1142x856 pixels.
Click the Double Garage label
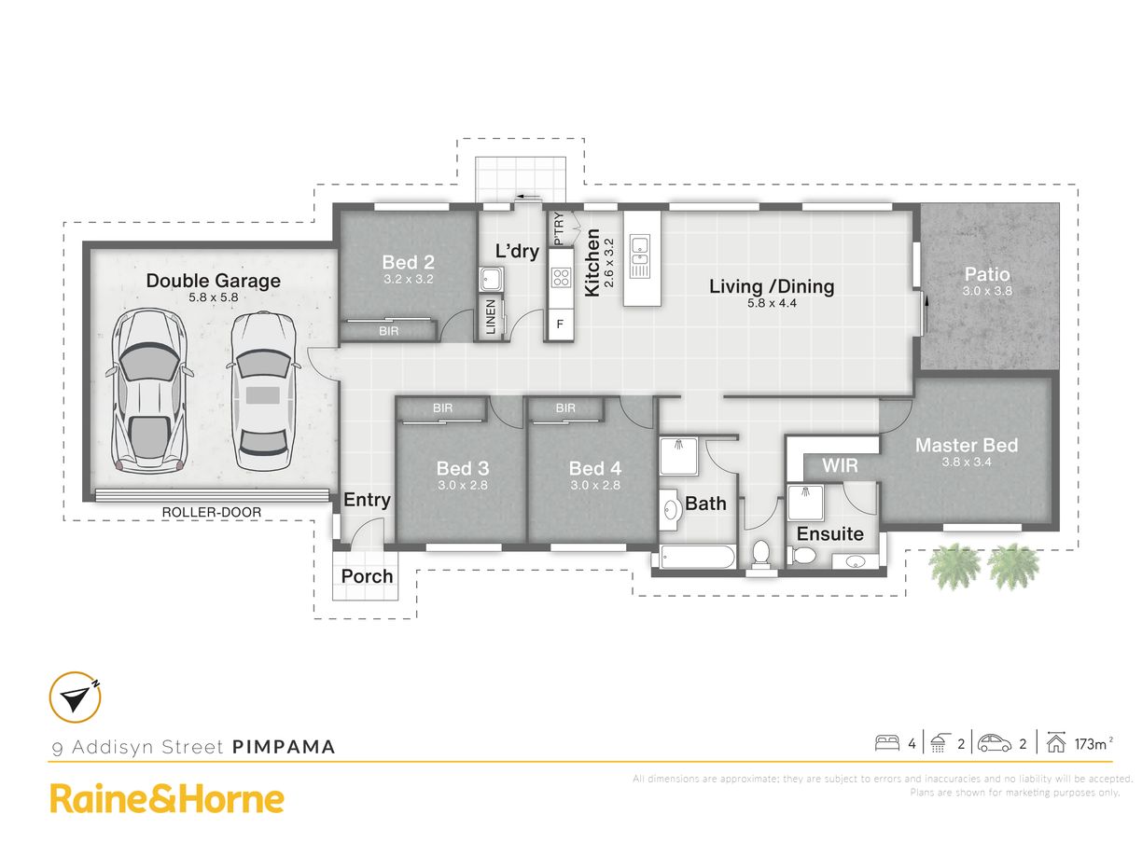(x=214, y=281)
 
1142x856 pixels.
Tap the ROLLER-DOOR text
(x=211, y=513)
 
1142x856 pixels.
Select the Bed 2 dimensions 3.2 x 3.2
(x=409, y=279)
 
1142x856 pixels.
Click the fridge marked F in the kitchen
(x=560, y=324)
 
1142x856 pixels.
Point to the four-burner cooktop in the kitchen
(x=561, y=277)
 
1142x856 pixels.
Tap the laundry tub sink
(x=491, y=279)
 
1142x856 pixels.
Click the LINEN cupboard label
(x=491, y=317)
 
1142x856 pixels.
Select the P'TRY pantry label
(x=558, y=228)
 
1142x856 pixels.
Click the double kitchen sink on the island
(x=639, y=255)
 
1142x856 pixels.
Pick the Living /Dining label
(x=772, y=286)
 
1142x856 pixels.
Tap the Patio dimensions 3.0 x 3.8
(x=987, y=291)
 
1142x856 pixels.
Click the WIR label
(x=840, y=465)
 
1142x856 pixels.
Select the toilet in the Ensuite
(x=801, y=556)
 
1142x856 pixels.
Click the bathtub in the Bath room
(x=697, y=558)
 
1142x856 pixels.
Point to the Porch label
(x=367, y=576)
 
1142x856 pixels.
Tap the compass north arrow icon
(x=76, y=697)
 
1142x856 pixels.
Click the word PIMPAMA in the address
(x=284, y=747)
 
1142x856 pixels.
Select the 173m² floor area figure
(x=1093, y=744)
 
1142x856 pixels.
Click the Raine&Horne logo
(x=167, y=799)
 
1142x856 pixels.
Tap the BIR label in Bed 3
(x=443, y=408)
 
